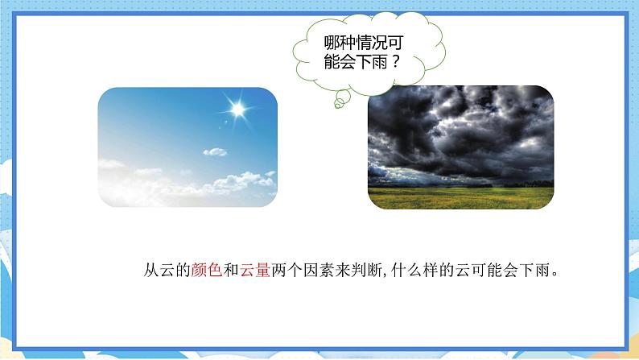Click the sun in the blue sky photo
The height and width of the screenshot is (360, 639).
(237, 106)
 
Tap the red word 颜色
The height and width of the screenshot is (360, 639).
(206, 271)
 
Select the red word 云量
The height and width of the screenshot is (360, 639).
(254, 271)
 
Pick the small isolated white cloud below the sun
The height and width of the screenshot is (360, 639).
(215, 151)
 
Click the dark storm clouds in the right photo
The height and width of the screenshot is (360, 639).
(459, 129)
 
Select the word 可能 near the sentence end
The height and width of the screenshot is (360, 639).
(490, 271)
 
